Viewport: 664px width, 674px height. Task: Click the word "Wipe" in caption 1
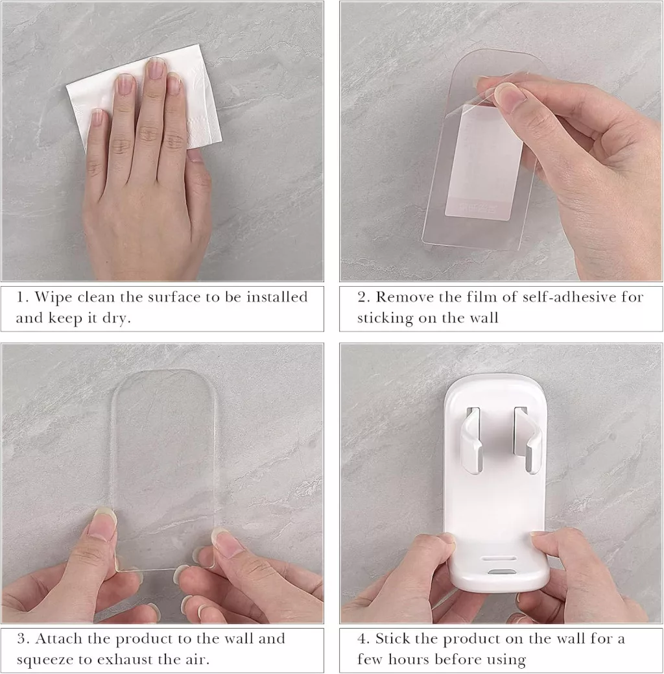50,297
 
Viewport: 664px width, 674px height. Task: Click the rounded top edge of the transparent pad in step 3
163,372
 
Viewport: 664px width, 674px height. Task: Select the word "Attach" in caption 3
59,639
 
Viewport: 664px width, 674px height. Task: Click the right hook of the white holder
527,439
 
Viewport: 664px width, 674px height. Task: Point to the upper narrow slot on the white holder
499,558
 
